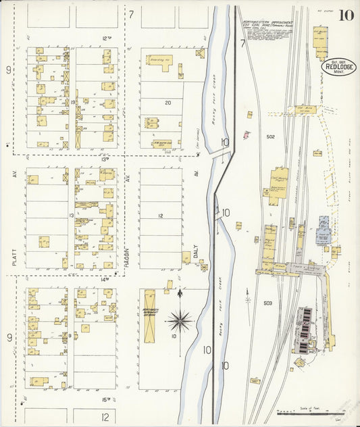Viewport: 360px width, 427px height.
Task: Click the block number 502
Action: pos(270,136)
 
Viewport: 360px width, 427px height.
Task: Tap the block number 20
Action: pos(168,103)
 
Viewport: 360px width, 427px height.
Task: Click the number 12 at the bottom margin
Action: pos(105,417)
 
